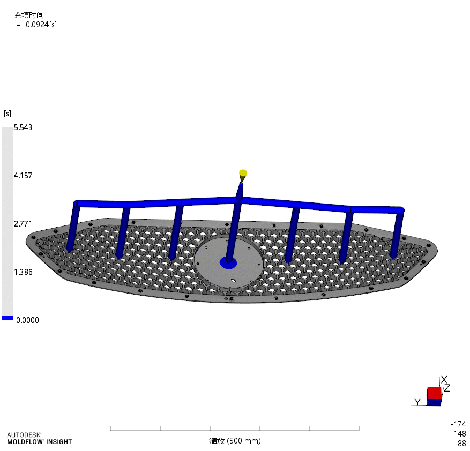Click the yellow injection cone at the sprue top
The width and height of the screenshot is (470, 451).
[243, 174]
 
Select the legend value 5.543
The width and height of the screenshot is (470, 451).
[23, 127]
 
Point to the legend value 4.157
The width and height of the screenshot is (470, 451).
[23, 175]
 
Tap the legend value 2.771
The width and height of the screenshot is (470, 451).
[23, 223]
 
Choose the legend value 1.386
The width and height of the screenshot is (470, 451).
[23, 272]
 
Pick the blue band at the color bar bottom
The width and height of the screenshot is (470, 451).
[7, 318]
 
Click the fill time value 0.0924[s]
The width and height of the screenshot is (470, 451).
[41, 25]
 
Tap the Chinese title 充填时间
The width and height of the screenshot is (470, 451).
[28, 15]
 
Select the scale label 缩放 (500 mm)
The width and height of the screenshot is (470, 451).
[235, 441]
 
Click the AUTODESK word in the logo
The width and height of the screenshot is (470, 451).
[24, 435]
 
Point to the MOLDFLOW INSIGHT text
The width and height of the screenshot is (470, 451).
[39, 442]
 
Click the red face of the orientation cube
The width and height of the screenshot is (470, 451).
[434, 393]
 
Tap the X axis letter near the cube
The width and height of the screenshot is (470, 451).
[444, 380]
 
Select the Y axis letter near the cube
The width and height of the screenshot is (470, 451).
[417, 402]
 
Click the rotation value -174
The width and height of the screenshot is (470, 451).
[459, 424]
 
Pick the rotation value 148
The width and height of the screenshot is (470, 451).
[459, 433]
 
